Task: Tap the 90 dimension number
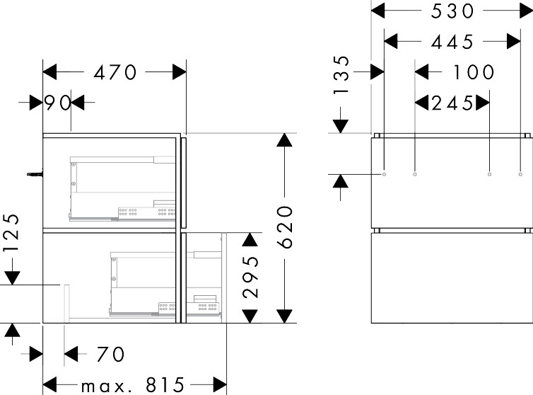click(57, 103)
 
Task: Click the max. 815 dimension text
click(133, 386)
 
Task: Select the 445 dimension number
click(452, 42)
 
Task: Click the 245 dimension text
click(452, 103)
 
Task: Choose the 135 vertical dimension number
click(341, 76)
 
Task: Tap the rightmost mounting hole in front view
click(520, 173)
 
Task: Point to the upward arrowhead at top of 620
click(284, 139)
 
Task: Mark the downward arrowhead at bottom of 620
click(284, 316)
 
